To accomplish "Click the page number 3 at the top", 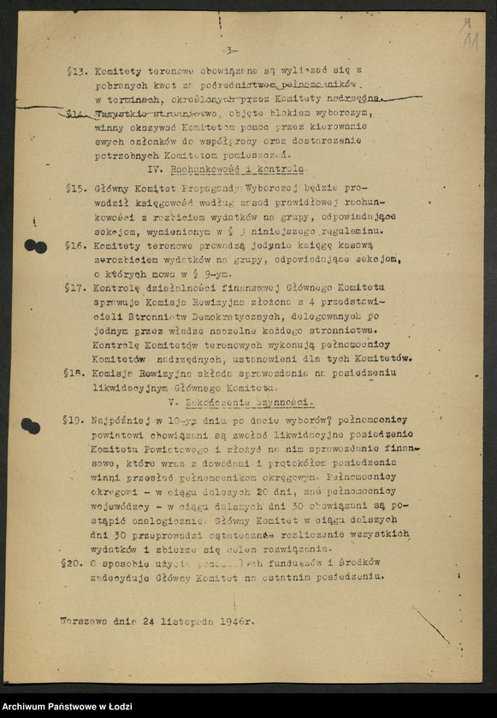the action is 232,51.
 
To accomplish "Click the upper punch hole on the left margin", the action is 35,246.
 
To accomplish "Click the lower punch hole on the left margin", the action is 31,425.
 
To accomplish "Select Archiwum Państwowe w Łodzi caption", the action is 62,706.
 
